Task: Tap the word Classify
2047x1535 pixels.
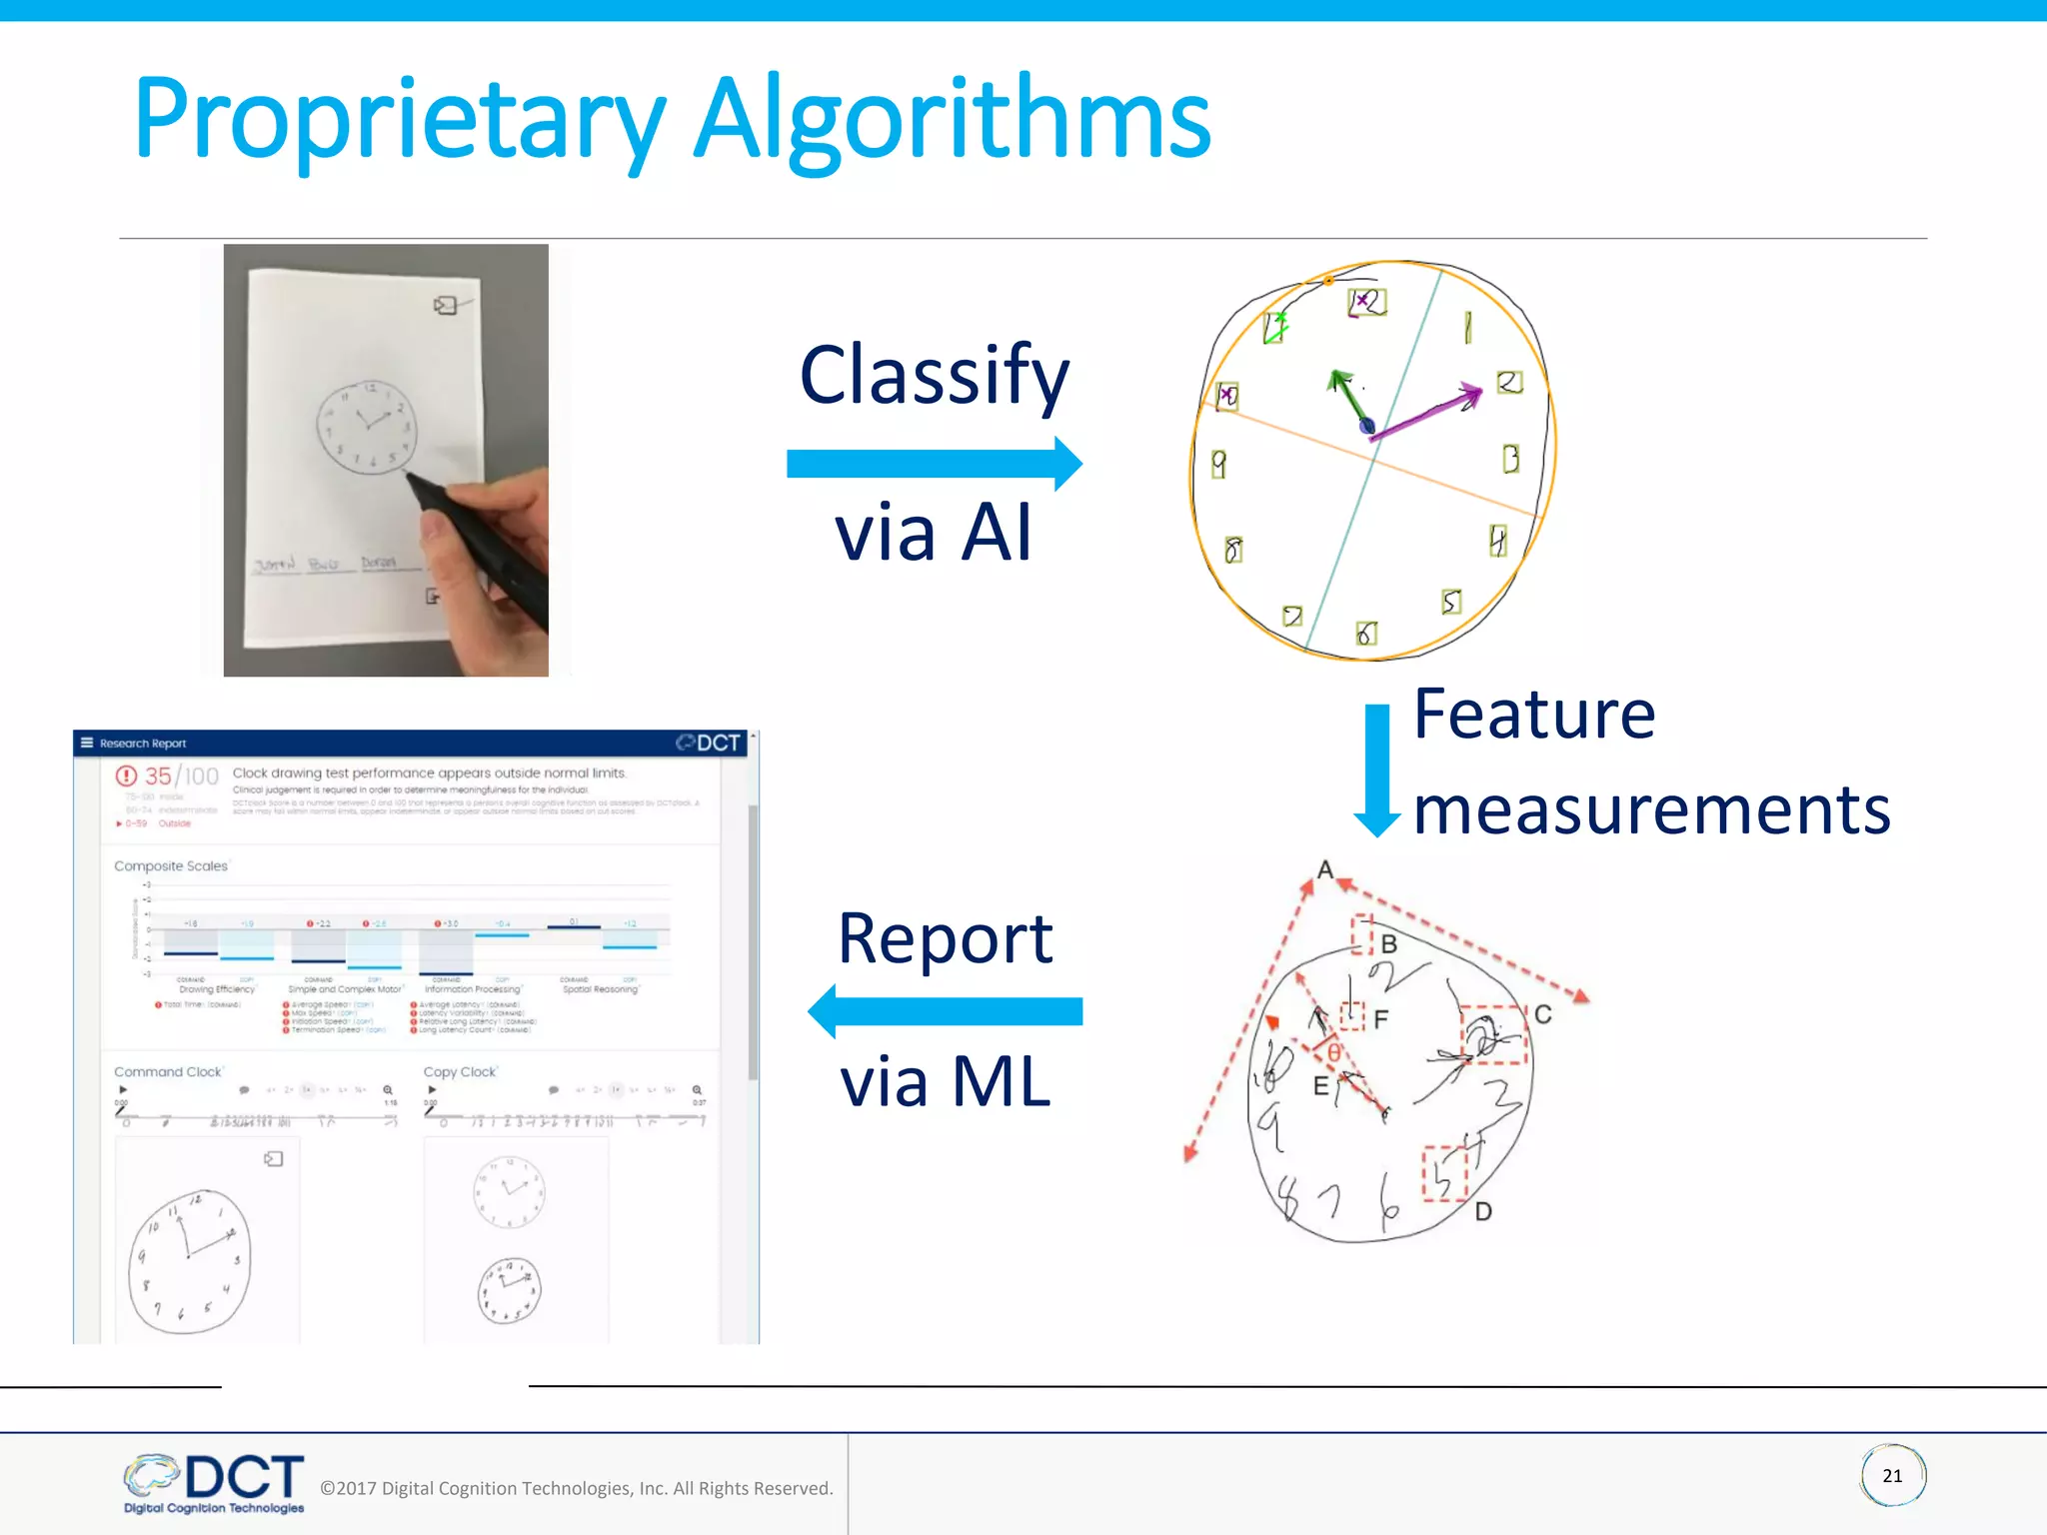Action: pyautogui.click(x=934, y=376)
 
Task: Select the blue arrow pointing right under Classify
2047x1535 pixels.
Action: pyautogui.click(x=934, y=464)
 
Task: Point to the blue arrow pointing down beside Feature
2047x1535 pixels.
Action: pyautogui.click(x=1377, y=769)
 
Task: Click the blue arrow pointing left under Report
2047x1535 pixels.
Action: pyautogui.click(x=945, y=1011)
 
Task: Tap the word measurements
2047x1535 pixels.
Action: pyautogui.click(x=1651, y=809)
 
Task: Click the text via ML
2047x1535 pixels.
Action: pyautogui.click(x=945, y=1081)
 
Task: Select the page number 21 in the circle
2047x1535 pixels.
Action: pyautogui.click(x=1892, y=1476)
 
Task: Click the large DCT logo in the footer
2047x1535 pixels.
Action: pyautogui.click(x=243, y=1477)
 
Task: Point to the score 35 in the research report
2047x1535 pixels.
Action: pyautogui.click(x=158, y=776)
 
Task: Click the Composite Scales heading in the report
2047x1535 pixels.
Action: pyautogui.click(x=171, y=866)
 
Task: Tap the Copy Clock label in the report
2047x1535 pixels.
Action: pyautogui.click(x=460, y=1072)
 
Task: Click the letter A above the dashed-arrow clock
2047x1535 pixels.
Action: pyautogui.click(x=1325, y=869)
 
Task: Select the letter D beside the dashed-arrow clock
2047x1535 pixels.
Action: pyautogui.click(x=1483, y=1212)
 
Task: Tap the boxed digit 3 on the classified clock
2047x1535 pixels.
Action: pyautogui.click(x=1511, y=459)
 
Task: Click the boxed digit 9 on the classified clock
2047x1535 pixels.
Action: pyautogui.click(x=1218, y=464)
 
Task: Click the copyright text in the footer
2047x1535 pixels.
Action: pyautogui.click(x=576, y=1488)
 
